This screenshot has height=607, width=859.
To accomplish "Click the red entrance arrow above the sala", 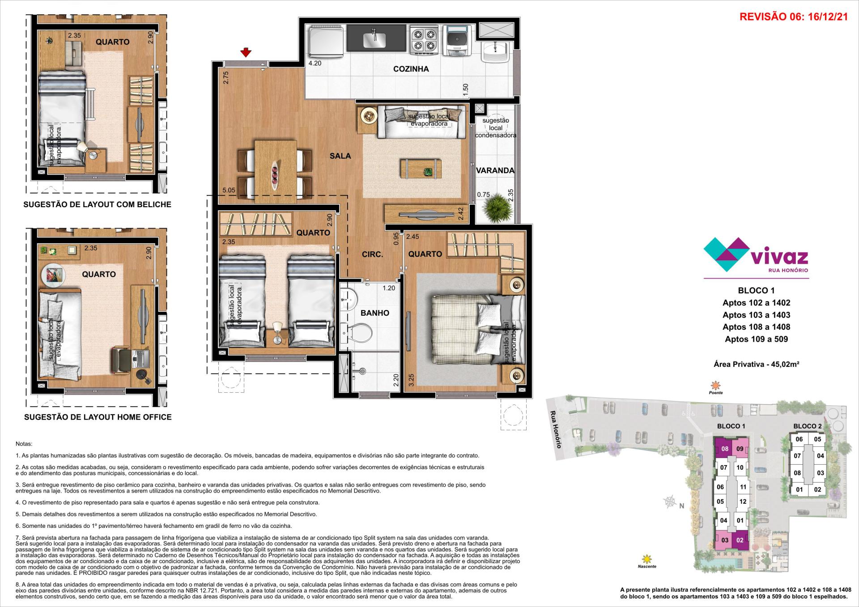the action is [245, 53].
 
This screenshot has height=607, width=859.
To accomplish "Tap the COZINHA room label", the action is [411, 69].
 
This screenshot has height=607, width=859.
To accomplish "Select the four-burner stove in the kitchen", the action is [423, 40].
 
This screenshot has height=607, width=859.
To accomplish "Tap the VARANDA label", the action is [495, 170].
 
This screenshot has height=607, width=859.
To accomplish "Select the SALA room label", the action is [340, 156].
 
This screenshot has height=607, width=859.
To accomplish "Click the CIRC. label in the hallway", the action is [372, 255].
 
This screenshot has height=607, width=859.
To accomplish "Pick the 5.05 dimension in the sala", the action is [228, 190].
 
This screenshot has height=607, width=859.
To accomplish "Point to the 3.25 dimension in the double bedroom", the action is [411, 380].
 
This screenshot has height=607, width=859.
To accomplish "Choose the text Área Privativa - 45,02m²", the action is [757, 364].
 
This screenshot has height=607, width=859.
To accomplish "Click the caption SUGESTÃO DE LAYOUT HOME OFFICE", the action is [98, 417].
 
